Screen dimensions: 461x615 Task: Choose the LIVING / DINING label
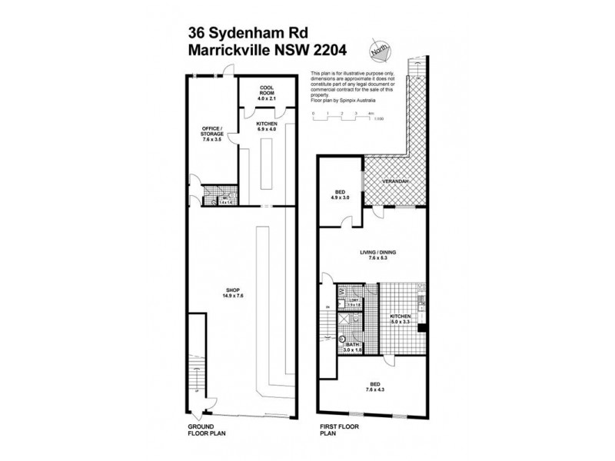[372, 254]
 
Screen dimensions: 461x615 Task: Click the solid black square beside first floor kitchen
[422, 328]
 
